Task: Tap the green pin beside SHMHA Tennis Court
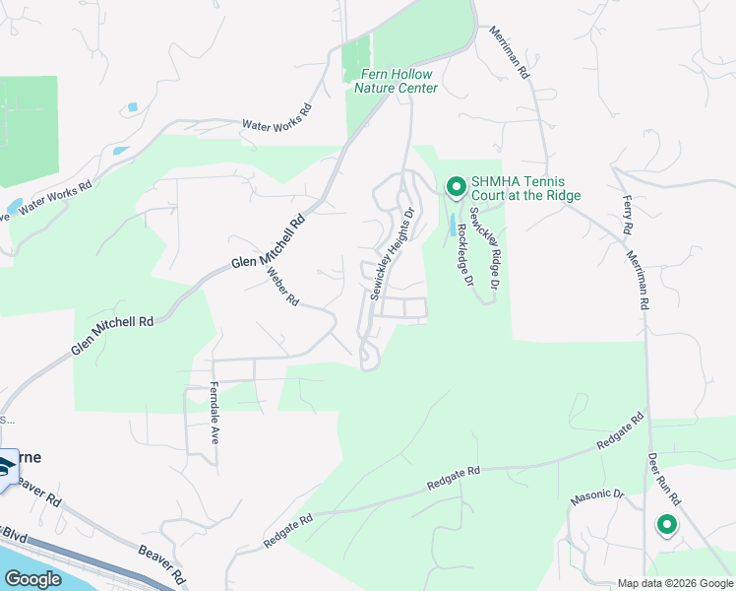[x=456, y=186]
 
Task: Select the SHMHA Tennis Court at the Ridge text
[x=525, y=188]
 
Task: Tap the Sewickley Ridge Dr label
[x=485, y=247]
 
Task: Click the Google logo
[x=32, y=578]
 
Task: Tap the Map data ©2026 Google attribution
[x=674, y=583]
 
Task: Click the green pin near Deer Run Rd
[x=667, y=525]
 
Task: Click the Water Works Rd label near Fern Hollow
[x=276, y=117]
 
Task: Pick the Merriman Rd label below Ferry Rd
[x=638, y=279]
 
